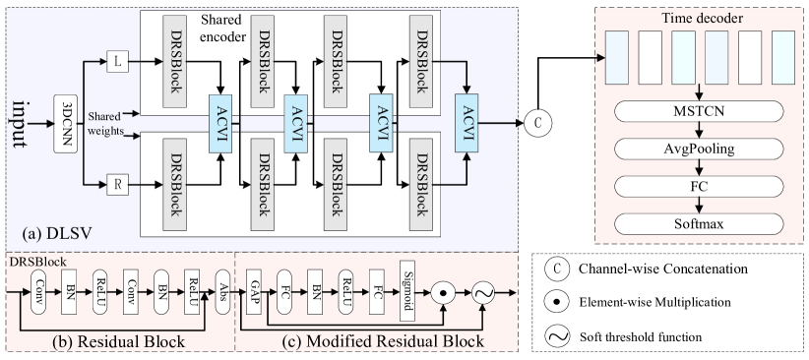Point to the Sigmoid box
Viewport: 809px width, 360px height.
[x=409, y=288]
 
